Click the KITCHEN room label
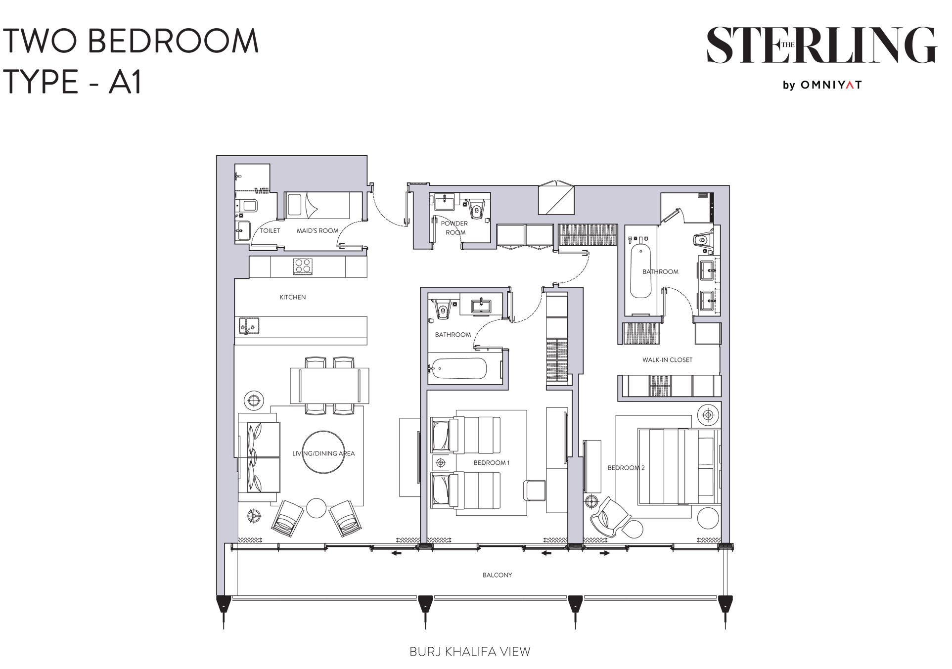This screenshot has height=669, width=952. click(x=293, y=297)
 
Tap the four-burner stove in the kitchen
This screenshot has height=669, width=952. click(x=303, y=266)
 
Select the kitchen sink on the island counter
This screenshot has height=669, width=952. click(x=249, y=326)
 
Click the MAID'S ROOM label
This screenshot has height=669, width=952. click(x=317, y=231)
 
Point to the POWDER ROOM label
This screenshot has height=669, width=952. click(x=454, y=228)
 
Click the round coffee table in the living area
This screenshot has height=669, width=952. click(x=323, y=452)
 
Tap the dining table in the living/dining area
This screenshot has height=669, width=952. click(x=329, y=386)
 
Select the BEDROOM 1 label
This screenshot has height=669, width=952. click(x=491, y=463)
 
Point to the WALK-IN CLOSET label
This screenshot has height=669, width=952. click(x=667, y=360)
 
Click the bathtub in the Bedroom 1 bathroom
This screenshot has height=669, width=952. click(x=458, y=368)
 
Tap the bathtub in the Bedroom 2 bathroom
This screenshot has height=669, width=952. click(x=640, y=271)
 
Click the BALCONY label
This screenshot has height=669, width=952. click(x=497, y=575)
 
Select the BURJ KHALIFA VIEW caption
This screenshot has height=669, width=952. click(x=469, y=652)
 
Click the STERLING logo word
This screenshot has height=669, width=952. click(x=821, y=45)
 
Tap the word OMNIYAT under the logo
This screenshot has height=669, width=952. click(x=831, y=85)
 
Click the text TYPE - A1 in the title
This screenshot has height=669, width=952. click(x=73, y=82)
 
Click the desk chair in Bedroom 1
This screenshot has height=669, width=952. click(x=534, y=490)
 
